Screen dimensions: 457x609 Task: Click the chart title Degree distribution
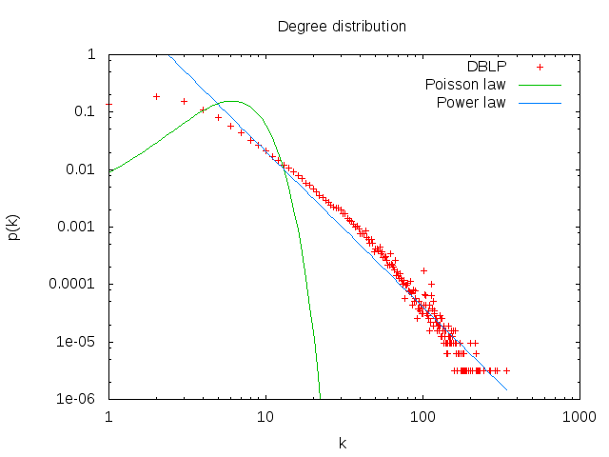tap(342, 26)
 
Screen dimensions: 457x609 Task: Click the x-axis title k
tap(344, 443)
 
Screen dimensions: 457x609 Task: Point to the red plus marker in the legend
tap(540, 67)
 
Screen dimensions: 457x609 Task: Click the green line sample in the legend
tap(540, 85)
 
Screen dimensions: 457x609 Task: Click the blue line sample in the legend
tap(540, 103)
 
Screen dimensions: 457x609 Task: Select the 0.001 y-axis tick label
tap(78, 227)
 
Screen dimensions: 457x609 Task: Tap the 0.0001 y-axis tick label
tap(74, 284)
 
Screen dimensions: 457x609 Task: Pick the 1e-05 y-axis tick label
tap(78, 342)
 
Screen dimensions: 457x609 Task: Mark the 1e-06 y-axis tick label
tap(78, 399)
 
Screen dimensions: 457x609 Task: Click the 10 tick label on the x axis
tap(265, 416)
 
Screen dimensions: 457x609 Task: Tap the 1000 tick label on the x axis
tap(579, 416)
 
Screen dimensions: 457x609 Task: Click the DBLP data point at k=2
tap(156, 96)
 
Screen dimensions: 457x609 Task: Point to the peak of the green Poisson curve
tap(230, 101)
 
